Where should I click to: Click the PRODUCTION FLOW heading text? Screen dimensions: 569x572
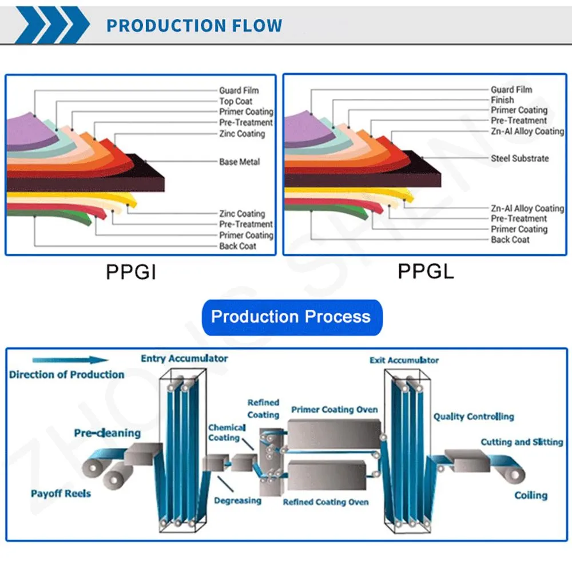pos(194,26)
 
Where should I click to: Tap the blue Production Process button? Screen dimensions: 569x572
pos(291,317)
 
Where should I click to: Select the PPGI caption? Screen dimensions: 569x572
pos(130,271)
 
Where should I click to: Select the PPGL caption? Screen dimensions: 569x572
pos(426,271)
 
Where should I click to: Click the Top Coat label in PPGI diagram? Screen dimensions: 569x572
pos(236,101)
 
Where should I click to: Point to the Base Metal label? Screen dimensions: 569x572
pos(239,162)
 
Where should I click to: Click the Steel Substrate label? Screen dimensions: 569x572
pos(519,158)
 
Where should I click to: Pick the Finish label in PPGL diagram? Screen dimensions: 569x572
pos(502,100)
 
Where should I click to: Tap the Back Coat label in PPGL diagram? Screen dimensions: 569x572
pos(510,239)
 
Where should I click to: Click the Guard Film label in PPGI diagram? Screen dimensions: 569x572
pos(239,90)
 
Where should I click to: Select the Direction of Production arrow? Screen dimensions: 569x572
pos(70,360)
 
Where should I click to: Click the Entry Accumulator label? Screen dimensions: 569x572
pos(184,359)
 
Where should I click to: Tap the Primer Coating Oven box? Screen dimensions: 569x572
pos(333,434)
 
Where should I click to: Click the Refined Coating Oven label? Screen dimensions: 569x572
pos(325,502)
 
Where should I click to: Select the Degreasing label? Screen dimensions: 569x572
pos(237,500)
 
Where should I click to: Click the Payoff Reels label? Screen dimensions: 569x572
pos(61,493)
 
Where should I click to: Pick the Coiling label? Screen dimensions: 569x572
pos(530,495)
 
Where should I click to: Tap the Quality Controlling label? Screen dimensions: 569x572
pos(473,416)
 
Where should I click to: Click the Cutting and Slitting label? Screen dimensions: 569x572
pos(521,442)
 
